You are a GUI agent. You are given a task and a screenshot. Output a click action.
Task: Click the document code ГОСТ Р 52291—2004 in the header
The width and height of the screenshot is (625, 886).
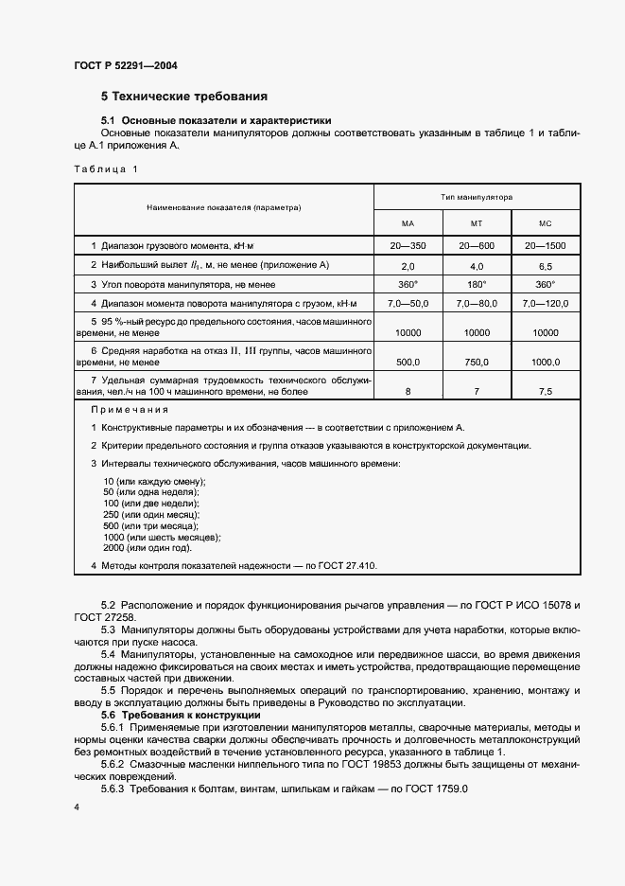pyautogui.click(x=125, y=66)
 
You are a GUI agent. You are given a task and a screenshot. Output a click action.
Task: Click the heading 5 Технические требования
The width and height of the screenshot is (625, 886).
pyautogui.click(x=184, y=97)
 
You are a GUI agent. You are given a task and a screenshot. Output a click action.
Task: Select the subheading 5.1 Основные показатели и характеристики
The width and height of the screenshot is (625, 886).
pyautogui.click(x=217, y=121)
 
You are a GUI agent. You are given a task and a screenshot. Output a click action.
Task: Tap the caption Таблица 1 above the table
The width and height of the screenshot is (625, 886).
pyautogui.click(x=105, y=169)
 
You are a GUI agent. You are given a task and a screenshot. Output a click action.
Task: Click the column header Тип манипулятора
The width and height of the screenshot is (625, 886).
pyautogui.click(x=477, y=198)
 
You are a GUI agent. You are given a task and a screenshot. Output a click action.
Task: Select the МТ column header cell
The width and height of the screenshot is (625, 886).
pyautogui.click(x=477, y=223)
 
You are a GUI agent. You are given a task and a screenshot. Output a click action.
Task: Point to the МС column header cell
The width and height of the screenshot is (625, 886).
pyautogui.click(x=546, y=223)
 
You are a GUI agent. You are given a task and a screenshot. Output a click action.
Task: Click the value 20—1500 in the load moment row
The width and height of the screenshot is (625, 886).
pyautogui.click(x=546, y=246)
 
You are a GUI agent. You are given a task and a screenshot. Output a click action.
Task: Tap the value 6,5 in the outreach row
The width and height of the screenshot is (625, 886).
pyautogui.click(x=546, y=266)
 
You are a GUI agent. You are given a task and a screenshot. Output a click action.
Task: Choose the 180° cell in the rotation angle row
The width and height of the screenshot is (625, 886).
pyautogui.click(x=477, y=285)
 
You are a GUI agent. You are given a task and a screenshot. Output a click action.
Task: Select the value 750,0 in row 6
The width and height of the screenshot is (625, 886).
pyautogui.click(x=477, y=362)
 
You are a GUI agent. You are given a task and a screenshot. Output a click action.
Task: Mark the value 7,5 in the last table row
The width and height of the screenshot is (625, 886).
pyautogui.click(x=546, y=390)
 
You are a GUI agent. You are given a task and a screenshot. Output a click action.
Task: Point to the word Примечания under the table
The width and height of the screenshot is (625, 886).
pyautogui.click(x=130, y=410)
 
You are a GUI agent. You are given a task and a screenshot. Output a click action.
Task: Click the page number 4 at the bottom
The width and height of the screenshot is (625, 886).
pyautogui.click(x=77, y=806)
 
